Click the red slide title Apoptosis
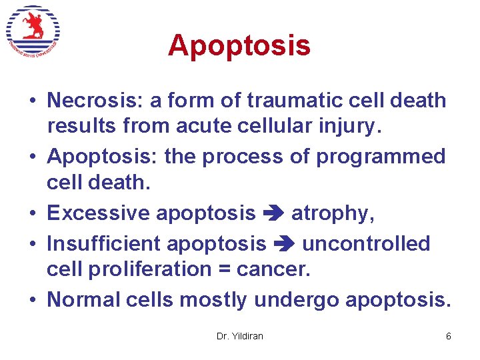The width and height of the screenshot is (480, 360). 239,45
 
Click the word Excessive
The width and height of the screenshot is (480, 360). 99,213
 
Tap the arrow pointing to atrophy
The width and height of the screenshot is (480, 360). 273,213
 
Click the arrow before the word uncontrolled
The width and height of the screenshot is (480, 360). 283,245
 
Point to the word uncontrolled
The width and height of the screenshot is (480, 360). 366,244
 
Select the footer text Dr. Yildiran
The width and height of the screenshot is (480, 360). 240,336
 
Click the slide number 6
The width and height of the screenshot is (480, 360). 448,336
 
